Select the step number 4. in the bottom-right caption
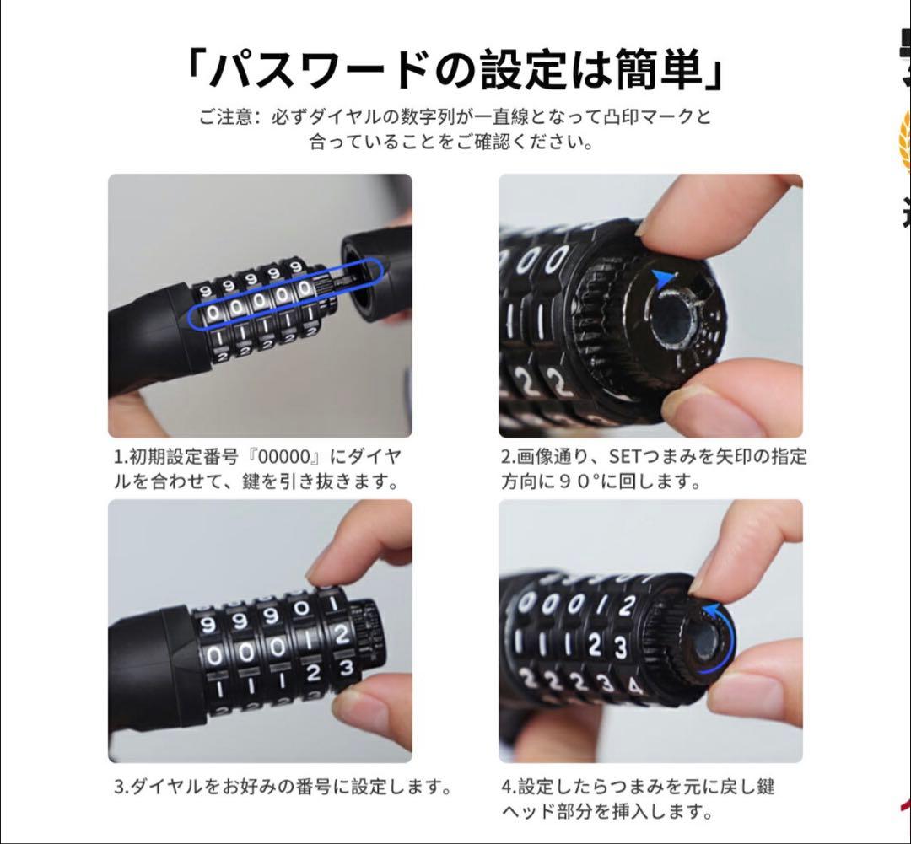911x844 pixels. tap(509, 788)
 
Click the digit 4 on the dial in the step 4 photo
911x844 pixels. tap(634, 685)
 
